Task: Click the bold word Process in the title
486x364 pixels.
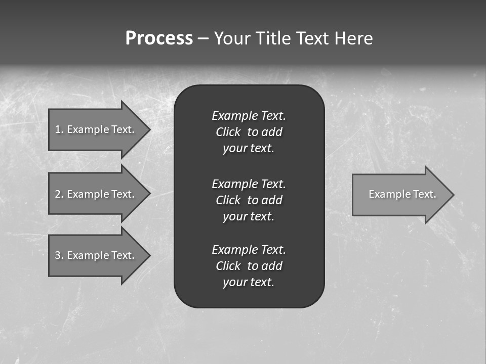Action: (159, 38)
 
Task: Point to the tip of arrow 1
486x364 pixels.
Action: (149, 129)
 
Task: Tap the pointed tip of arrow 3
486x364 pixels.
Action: (149, 255)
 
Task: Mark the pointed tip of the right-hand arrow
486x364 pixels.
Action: (453, 195)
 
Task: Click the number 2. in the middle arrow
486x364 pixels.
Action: (59, 194)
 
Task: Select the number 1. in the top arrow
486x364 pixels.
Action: (59, 129)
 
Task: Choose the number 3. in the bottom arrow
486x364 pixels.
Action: (59, 255)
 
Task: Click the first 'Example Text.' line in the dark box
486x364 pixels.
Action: (249, 116)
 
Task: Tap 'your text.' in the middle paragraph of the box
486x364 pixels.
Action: (249, 216)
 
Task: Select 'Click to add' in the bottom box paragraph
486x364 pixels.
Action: (249, 266)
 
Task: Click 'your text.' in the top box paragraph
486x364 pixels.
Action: (249, 149)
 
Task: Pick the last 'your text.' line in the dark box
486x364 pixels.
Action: (249, 283)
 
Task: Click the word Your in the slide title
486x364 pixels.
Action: (231, 38)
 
